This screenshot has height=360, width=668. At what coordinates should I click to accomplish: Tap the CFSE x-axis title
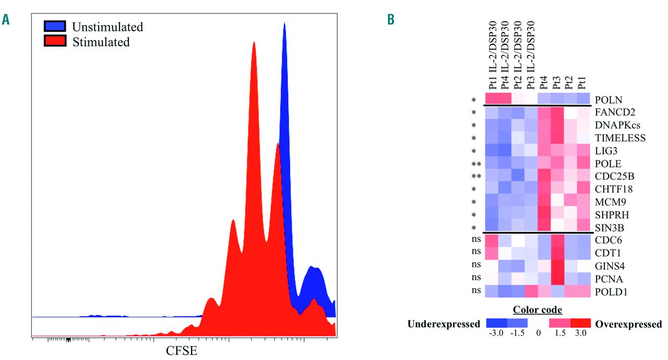coord(182,351)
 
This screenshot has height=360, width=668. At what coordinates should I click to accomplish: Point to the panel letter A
coord(6,20)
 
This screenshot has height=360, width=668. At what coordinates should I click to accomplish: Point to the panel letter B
coord(390,20)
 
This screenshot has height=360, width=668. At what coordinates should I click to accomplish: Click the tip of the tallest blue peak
coord(285,23)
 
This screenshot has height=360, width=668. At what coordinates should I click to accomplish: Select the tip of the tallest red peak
coord(254,43)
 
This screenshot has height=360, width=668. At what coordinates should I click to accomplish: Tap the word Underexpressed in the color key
coord(444,325)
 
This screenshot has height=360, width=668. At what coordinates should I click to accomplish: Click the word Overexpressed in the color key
coord(628,325)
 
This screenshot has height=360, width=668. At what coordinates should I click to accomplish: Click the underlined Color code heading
coord(537,310)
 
